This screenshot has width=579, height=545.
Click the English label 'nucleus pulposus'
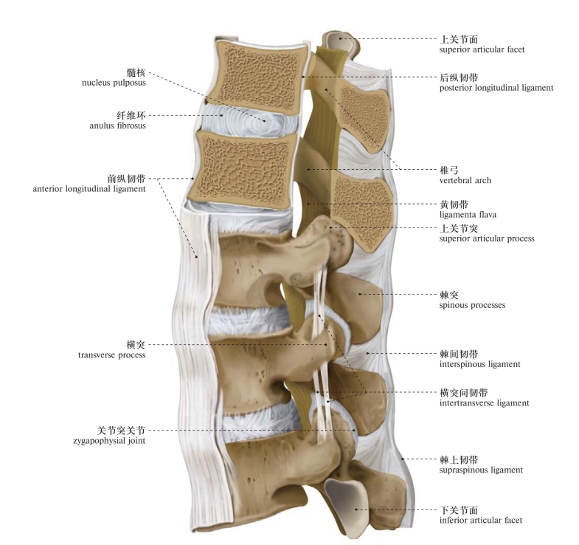[114, 83]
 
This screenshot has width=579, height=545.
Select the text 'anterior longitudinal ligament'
[89, 188]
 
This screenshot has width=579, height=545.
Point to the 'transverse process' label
[112, 354]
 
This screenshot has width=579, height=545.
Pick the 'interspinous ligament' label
[480, 364]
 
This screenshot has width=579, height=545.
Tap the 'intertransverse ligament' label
[484, 402]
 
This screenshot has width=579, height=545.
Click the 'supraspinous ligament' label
[482, 470]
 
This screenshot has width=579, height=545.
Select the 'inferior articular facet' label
[481, 520]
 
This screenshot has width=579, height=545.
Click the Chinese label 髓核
[136, 72]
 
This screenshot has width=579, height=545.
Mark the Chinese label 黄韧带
[451, 204]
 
